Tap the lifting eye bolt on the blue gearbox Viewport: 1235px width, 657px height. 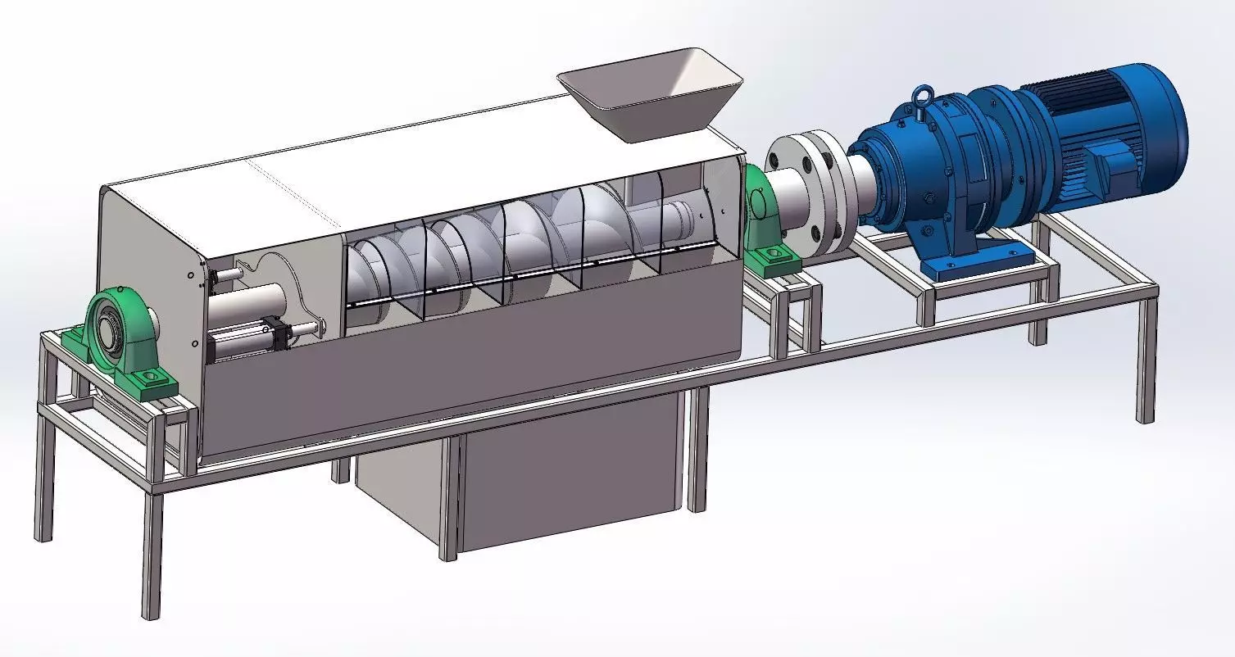tap(924, 95)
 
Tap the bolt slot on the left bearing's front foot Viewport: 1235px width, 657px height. tap(152, 378)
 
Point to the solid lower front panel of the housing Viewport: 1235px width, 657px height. tap(459, 385)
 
